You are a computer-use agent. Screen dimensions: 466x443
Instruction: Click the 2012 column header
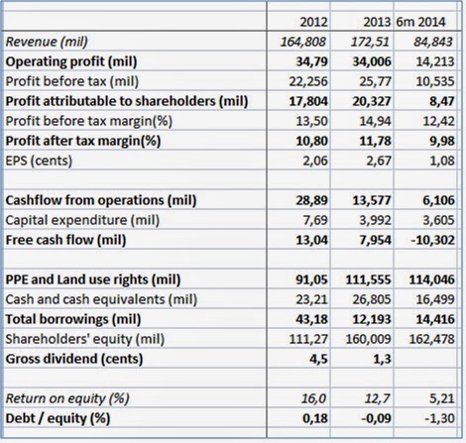tap(313, 22)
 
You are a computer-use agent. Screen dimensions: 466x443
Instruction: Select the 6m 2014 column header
tap(420, 22)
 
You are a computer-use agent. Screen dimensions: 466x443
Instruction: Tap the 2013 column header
tap(377, 22)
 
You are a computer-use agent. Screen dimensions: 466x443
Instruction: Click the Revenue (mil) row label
tap(47, 42)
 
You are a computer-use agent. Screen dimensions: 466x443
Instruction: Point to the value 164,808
tap(303, 42)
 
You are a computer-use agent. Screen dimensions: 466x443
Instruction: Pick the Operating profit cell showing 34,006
tap(372, 61)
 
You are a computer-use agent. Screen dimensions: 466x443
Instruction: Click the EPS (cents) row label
tap(39, 161)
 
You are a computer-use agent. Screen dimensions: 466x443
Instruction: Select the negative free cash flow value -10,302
tap(432, 240)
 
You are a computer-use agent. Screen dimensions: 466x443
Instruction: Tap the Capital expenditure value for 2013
tap(375, 220)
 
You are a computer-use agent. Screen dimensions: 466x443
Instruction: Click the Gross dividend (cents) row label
tap(74, 359)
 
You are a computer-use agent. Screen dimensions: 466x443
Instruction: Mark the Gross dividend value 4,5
tap(318, 359)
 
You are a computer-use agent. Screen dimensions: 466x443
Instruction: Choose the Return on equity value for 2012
tap(313, 398)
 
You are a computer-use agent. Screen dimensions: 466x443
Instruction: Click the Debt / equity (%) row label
tap(58, 418)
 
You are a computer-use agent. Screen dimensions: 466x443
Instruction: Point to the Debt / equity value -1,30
tap(439, 418)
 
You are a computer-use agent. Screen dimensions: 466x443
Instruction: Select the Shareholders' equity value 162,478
tap(432, 339)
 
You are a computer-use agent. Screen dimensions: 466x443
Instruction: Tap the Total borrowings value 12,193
tap(372, 319)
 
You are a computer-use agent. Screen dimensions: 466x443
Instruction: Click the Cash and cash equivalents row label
tap(101, 299)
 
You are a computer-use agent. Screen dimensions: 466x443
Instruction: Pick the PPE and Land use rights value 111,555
tap(369, 279)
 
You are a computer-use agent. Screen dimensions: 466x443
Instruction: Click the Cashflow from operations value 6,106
tap(438, 200)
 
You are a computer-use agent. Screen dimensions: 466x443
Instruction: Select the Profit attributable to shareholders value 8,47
tap(442, 101)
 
